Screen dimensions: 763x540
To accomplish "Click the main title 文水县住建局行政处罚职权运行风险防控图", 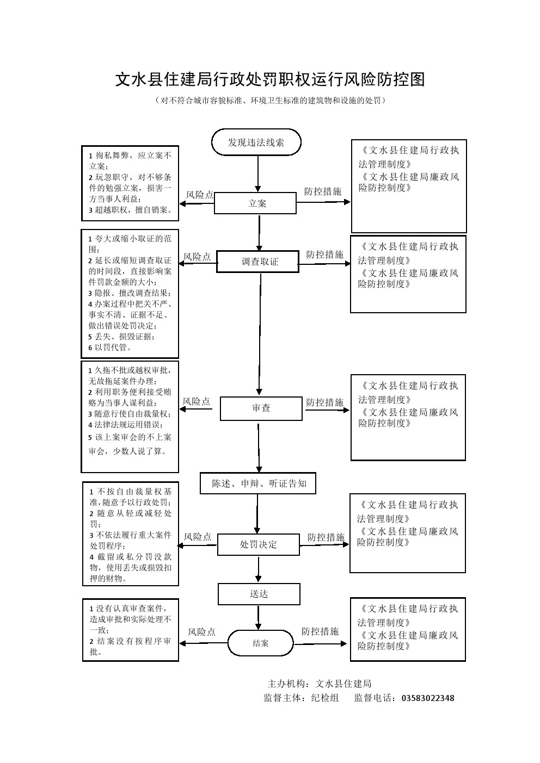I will pos(269,79).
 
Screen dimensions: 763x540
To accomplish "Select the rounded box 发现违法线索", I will pos(256,142).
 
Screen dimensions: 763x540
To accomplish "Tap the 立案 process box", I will pos(255,203).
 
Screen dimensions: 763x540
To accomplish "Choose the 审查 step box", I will pos(261,408).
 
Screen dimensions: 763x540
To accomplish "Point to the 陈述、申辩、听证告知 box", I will pos(258,483).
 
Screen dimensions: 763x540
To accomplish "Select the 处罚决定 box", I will pos(258,544).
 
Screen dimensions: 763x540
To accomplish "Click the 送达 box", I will pos(259,594).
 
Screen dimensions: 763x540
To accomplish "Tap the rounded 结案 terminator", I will pos(260,643).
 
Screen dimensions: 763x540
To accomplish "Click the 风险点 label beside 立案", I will pos(200,195).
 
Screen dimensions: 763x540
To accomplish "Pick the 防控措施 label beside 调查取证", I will pos(324,255).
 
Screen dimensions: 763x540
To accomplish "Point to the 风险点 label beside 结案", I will pos(201,632).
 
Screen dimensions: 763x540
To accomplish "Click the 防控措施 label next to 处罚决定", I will pos(326,537).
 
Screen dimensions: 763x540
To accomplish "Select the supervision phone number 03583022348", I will pos(427,698).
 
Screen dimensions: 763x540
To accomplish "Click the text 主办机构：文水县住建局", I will pos(320,684).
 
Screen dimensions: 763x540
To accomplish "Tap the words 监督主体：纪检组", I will pos(301,698).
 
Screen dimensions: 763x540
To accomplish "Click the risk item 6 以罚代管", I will pos(110,348).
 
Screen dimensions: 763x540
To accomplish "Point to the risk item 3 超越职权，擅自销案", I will pos(131,210).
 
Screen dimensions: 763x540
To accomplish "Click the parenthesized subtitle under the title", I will pos(270,101).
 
